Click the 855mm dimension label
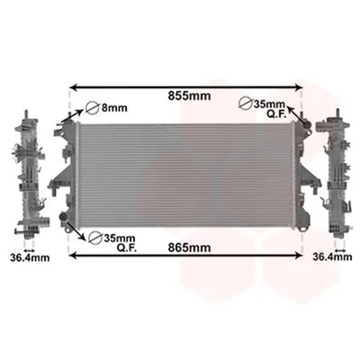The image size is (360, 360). (189, 96)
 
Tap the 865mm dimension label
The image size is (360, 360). (189, 247)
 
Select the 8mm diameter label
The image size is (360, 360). (113, 107)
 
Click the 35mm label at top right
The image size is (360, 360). (270, 103)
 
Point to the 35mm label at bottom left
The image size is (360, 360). (120, 238)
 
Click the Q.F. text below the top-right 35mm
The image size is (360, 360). (277, 114)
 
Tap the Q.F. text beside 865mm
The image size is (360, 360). (127, 248)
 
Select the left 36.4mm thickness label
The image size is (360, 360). (30, 257)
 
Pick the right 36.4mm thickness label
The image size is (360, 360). (332, 256)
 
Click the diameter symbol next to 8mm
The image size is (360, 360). (92, 108)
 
